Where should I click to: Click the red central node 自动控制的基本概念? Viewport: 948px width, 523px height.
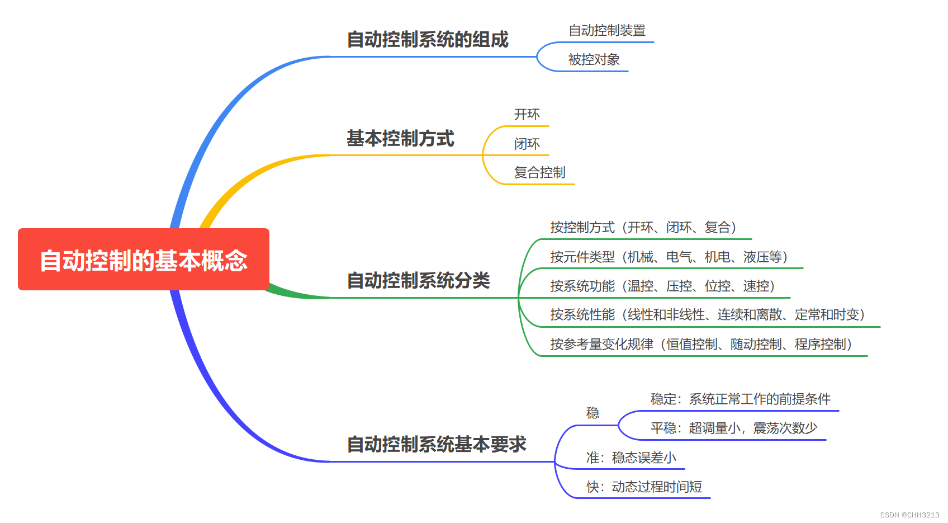coord(144,260)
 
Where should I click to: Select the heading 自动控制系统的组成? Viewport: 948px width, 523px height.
coord(428,40)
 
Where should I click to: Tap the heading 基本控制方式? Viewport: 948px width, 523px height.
coord(400,138)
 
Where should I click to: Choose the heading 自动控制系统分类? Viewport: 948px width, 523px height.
coord(418,280)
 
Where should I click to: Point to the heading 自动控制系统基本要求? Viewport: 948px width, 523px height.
coord(437,444)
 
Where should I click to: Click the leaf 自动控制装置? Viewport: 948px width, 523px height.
coord(607,31)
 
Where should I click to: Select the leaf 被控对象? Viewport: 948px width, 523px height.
coord(594,60)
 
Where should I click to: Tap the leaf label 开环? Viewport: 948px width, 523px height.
coord(527,115)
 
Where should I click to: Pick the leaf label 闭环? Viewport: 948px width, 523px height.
coord(527,144)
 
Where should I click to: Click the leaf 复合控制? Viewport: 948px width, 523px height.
coord(539,173)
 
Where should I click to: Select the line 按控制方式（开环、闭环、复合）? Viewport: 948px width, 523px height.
coord(643,228)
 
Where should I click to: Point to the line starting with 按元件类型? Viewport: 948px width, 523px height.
coord(669,257)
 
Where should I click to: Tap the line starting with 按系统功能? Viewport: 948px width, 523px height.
coord(663,286)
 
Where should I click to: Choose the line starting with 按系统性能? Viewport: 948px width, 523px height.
coord(708,315)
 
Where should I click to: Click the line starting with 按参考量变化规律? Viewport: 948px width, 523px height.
coord(701,344)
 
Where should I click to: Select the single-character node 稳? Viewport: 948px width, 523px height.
coord(592,413)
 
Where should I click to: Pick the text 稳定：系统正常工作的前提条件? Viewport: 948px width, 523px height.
coord(740,399)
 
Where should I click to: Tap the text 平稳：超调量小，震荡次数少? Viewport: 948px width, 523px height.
coord(734,428)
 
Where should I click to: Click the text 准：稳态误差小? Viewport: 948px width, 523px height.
coord(631,458)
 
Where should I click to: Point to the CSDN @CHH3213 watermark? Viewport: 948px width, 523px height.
coord(909,515)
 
